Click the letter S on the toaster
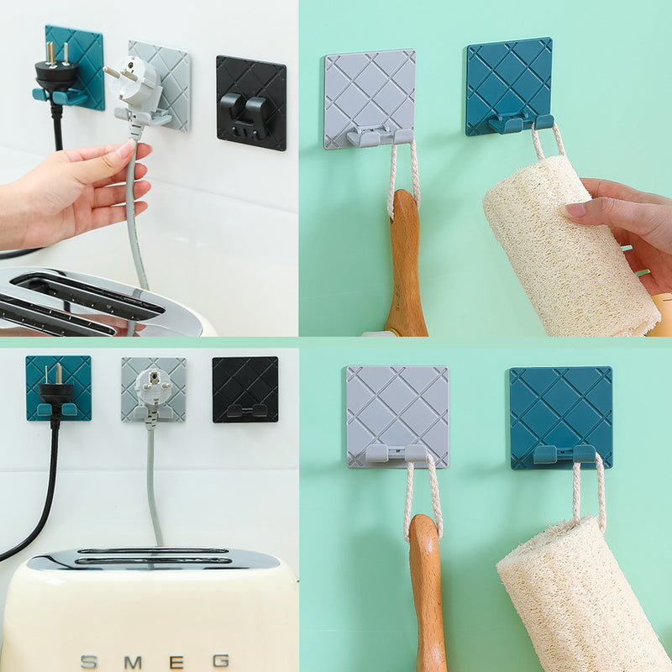[90, 662]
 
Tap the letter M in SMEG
[133, 663]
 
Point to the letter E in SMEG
[176, 662]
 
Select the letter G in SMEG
[221, 661]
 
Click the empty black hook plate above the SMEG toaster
[245, 389]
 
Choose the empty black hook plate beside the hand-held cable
[251, 102]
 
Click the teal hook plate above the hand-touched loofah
[509, 87]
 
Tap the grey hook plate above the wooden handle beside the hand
[370, 99]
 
